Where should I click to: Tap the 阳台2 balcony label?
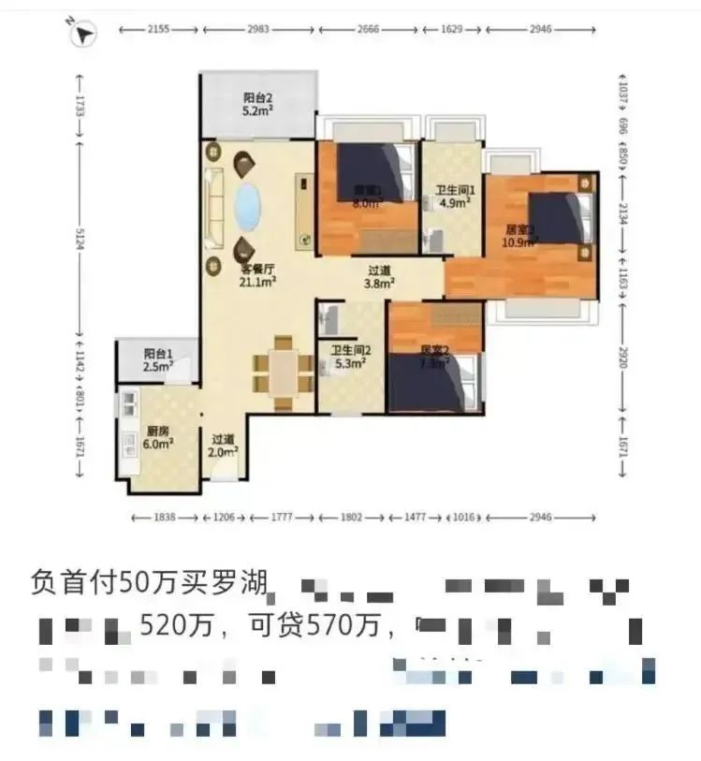click(257, 104)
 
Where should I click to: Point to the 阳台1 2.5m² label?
click(157, 359)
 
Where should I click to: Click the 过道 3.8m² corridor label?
click(379, 275)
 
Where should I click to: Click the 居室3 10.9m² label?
click(520, 235)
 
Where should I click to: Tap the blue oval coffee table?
click(246, 207)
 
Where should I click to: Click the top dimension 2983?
click(257, 30)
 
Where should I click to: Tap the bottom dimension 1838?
click(164, 517)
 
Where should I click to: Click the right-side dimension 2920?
click(621, 355)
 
